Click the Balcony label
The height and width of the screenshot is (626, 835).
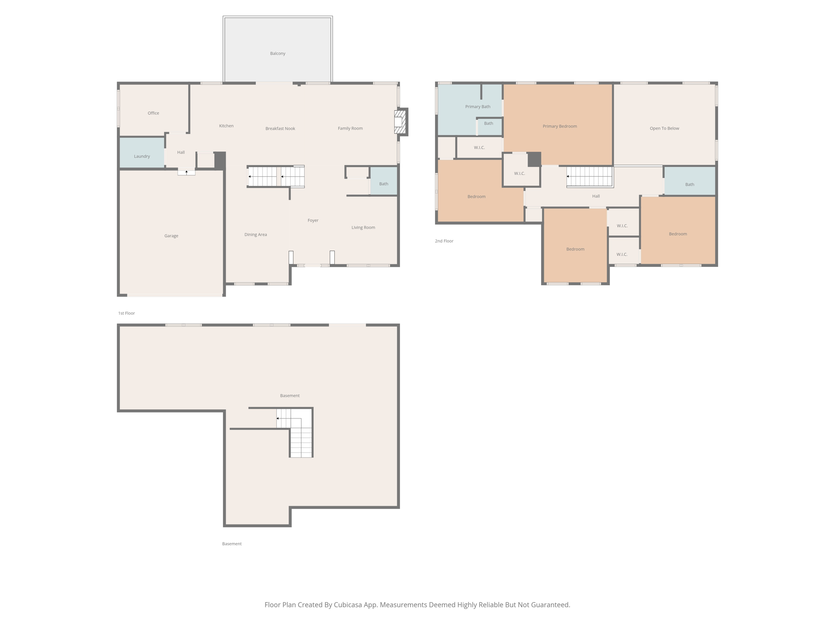point(277,53)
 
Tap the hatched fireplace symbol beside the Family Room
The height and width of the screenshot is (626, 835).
point(400,121)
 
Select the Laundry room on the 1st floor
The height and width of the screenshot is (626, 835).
point(142,153)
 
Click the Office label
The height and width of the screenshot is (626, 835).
point(153,113)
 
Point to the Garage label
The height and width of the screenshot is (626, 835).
point(171,236)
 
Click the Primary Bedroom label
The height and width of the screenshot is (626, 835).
point(559,126)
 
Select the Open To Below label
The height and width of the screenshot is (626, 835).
point(664,128)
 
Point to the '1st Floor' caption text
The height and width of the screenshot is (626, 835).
point(126,313)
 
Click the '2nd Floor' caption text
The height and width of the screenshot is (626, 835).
point(444,241)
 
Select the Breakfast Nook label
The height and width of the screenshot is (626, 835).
point(280,128)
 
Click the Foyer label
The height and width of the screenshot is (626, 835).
point(313,220)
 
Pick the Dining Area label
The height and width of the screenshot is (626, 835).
point(256,234)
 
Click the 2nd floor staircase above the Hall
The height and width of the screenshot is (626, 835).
point(590,176)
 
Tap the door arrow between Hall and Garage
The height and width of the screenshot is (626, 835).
point(186,172)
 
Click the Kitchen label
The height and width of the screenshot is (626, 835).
point(226,126)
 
